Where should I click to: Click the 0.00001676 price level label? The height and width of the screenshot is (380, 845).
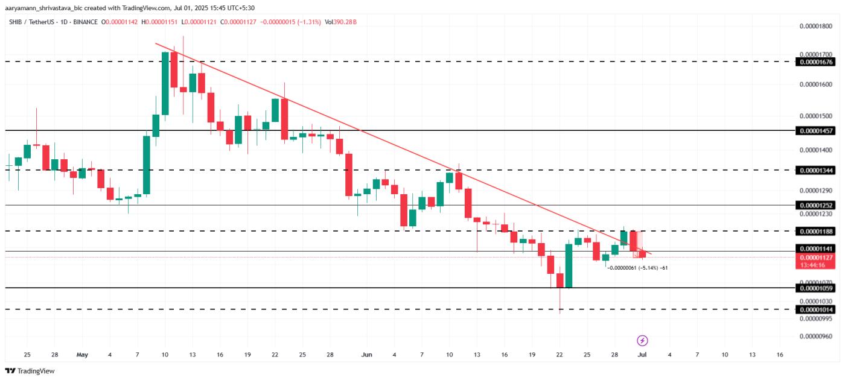click(816, 62)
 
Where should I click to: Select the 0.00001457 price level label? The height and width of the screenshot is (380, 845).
click(816, 131)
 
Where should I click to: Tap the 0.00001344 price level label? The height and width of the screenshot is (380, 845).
click(816, 171)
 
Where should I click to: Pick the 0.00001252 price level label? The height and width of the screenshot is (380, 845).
click(816, 206)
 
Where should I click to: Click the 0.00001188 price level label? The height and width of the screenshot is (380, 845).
click(816, 232)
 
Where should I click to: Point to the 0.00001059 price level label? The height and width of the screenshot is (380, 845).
click(816, 289)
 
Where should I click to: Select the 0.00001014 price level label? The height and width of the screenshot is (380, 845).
click(816, 310)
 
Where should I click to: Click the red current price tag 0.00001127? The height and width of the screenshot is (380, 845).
click(816, 258)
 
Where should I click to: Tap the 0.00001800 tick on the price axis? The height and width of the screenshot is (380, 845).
click(816, 26)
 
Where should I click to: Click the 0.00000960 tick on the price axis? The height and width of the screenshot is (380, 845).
click(816, 336)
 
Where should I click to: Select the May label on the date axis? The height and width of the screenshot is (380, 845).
click(83, 355)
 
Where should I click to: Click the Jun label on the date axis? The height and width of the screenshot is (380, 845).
click(366, 355)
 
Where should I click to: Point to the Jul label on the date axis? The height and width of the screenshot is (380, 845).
click(642, 355)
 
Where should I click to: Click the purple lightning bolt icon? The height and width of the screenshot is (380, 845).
click(643, 341)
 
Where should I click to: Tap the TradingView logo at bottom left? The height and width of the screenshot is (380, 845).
click(30, 371)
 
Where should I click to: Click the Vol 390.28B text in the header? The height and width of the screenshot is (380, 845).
click(340, 22)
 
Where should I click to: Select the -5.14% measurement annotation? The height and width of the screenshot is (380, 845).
click(637, 267)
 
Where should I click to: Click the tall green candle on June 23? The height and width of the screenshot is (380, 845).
click(569, 265)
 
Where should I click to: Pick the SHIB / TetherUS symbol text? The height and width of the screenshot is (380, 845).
click(32, 22)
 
